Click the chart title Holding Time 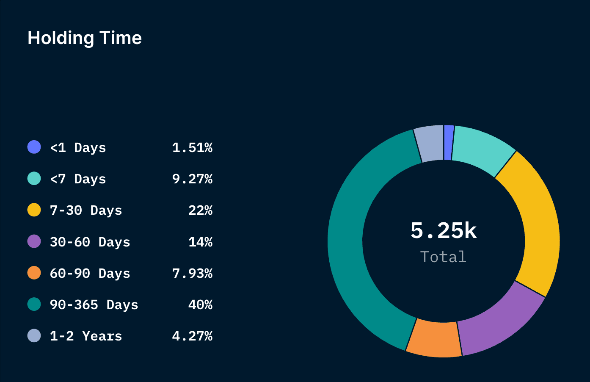(85, 38)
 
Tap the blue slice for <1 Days (449, 143)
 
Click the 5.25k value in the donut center (444, 231)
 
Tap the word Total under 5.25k (443, 257)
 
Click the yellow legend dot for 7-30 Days (34, 210)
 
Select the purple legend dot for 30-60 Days (34, 241)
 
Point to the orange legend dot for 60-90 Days (34, 273)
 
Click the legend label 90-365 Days (94, 305)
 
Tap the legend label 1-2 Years (86, 336)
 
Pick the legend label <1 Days (78, 148)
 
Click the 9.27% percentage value (192, 179)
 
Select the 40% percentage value (200, 305)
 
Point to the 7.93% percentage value (192, 274)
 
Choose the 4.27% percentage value (192, 336)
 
